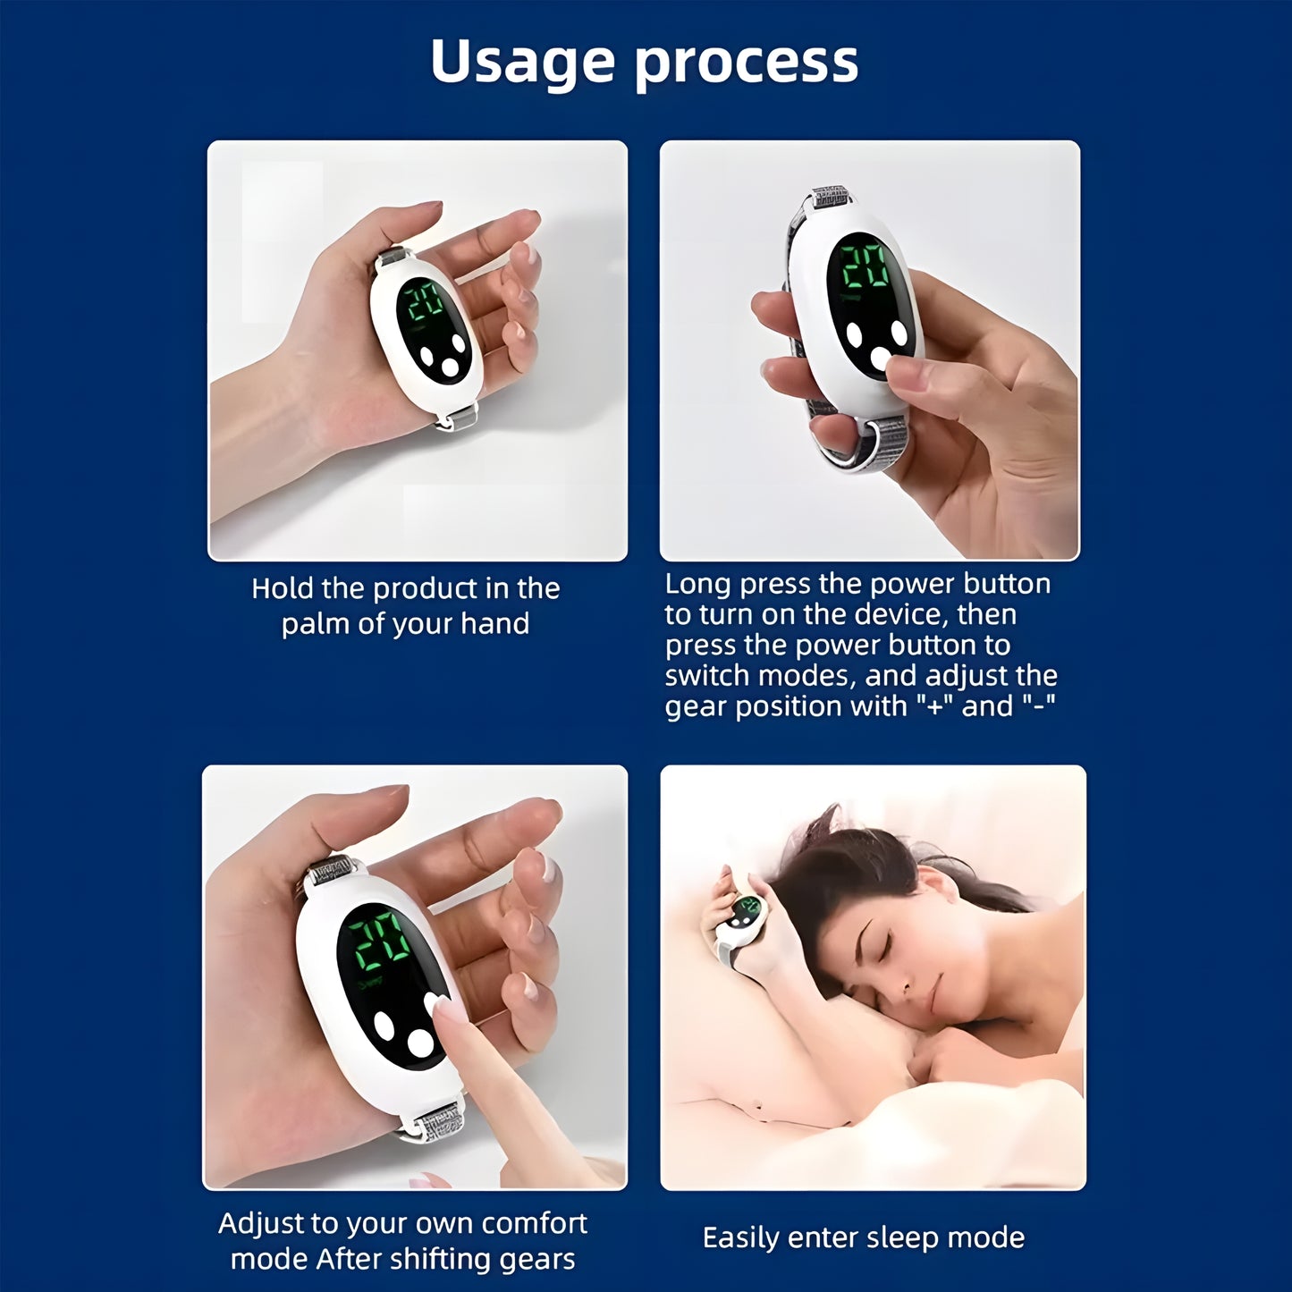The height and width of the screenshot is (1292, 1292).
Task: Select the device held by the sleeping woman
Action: [745, 917]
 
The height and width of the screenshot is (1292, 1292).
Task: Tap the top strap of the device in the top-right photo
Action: [829, 198]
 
